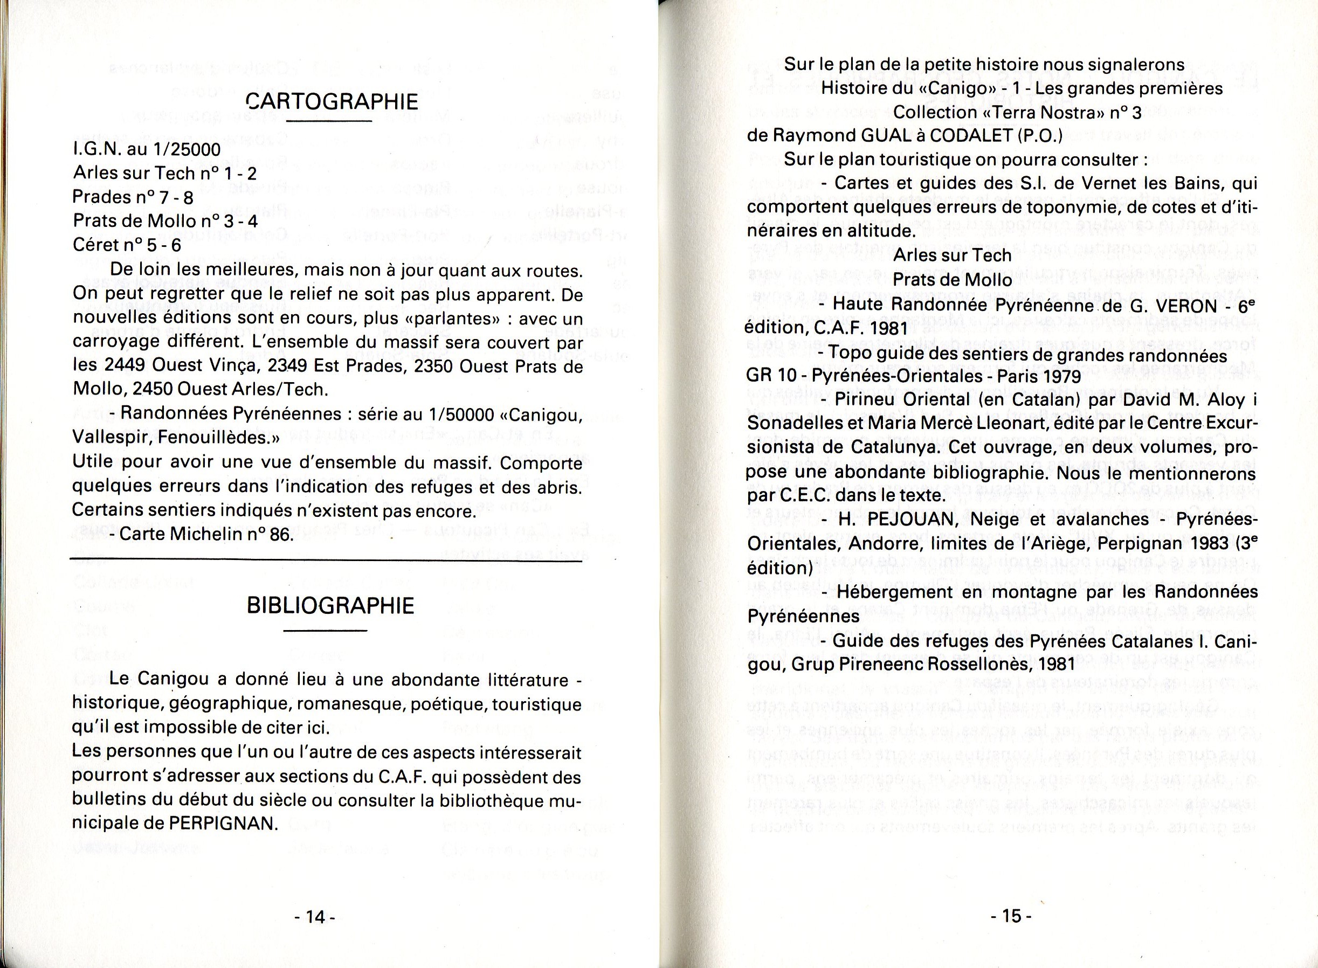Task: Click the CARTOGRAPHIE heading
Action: pos(332,101)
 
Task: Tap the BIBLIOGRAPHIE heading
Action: pos(330,606)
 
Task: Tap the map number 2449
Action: pos(126,365)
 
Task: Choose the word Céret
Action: pos(95,246)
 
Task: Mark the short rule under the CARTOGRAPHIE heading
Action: pos(330,121)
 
